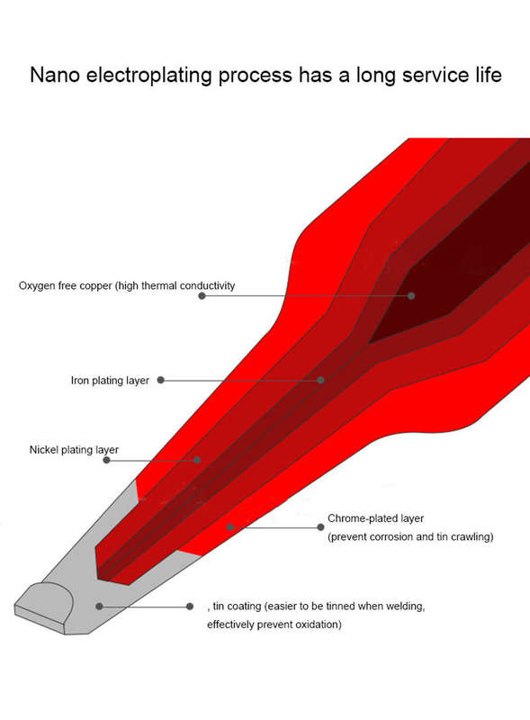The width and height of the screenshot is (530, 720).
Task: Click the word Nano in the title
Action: (x=55, y=75)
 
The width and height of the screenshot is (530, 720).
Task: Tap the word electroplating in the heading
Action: (x=149, y=76)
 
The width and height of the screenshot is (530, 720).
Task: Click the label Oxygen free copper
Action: (x=65, y=285)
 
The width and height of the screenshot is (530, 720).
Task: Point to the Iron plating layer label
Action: (x=110, y=381)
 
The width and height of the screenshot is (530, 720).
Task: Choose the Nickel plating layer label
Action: (x=74, y=450)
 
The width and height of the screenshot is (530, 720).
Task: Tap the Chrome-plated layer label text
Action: (x=375, y=518)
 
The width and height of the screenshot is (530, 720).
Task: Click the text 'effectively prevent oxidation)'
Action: (x=274, y=625)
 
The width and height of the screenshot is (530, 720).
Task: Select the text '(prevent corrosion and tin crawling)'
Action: (x=410, y=536)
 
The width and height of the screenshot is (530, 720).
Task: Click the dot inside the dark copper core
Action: (x=411, y=296)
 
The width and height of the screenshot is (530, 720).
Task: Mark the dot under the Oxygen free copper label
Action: (x=202, y=296)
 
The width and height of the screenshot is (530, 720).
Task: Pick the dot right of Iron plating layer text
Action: (x=161, y=380)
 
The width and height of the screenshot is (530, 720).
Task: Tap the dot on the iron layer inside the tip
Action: (x=321, y=380)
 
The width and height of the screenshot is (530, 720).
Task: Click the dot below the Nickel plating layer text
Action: (x=106, y=460)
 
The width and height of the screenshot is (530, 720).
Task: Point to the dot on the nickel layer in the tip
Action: (x=197, y=460)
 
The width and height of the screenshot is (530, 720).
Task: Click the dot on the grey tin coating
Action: (x=99, y=606)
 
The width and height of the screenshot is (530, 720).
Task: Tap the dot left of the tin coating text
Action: (x=190, y=607)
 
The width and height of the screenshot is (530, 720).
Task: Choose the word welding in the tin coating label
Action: (x=406, y=607)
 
